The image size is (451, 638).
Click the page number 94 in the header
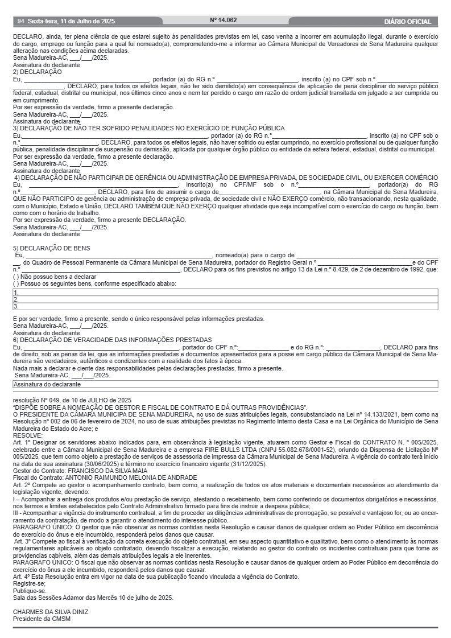tap(21, 22)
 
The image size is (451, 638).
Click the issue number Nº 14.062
tap(224, 20)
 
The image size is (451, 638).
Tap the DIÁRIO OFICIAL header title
tap(407, 22)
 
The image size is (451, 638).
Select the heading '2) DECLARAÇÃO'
tap(37, 72)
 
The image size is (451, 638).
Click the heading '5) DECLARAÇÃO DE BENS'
tap(51, 248)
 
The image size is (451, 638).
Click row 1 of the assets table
tap(225, 293)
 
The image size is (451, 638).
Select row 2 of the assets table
tap(225, 299)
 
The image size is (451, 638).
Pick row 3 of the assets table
tap(225, 306)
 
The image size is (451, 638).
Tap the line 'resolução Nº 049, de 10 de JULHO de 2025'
tap(72, 400)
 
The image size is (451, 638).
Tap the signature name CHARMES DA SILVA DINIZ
tap(51, 612)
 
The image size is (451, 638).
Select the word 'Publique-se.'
tap(29, 591)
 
